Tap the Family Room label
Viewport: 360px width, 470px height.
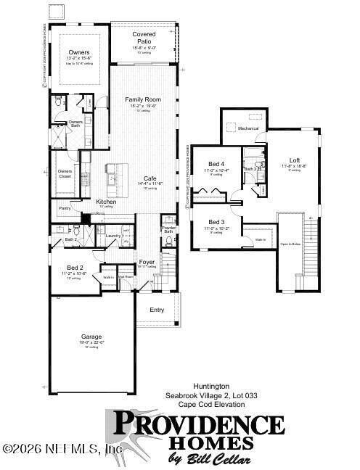[x=142, y=100]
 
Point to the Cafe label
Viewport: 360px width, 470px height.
[x=150, y=178]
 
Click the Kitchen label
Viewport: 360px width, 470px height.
[x=107, y=202]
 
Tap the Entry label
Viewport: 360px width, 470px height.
[x=157, y=310]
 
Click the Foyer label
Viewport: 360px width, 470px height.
[x=147, y=262]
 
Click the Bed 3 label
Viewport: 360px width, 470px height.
[x=217, y=222]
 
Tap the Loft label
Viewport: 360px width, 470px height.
[x=294, y=160]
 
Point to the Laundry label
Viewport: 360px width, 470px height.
[x=112, y=236]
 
